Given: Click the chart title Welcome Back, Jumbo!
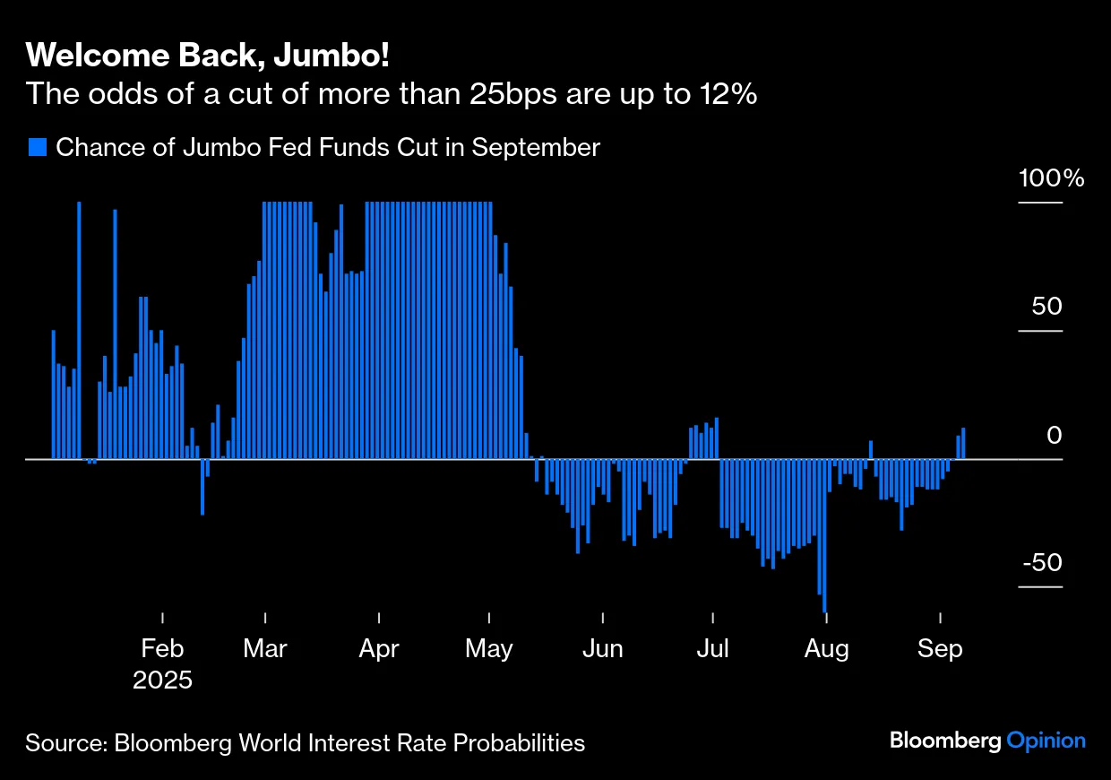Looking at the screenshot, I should point(208,56).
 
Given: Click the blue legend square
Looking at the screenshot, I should point(37,147).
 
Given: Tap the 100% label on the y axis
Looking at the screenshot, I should point(1051,178).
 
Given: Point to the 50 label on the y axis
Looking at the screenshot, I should point(1046,306).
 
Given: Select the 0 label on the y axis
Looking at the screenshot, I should point(1055,435).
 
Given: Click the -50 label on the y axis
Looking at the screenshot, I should point(1041,563).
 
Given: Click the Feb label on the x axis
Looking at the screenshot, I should point(162,648).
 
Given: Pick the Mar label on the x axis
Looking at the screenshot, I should point(265,648).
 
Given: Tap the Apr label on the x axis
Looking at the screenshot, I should point(379,648).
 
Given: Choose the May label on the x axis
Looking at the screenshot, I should point(489,648).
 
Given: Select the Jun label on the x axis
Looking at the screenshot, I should point(603,648).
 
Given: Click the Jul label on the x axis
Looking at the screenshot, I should point(713,648).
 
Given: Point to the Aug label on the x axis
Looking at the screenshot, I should point(826,648).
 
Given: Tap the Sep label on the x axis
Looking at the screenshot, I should point(940,648).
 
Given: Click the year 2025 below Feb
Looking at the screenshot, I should point(162,680).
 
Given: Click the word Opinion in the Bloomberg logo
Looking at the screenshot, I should point(1046,741).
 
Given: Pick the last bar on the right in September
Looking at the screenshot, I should point(963,444).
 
